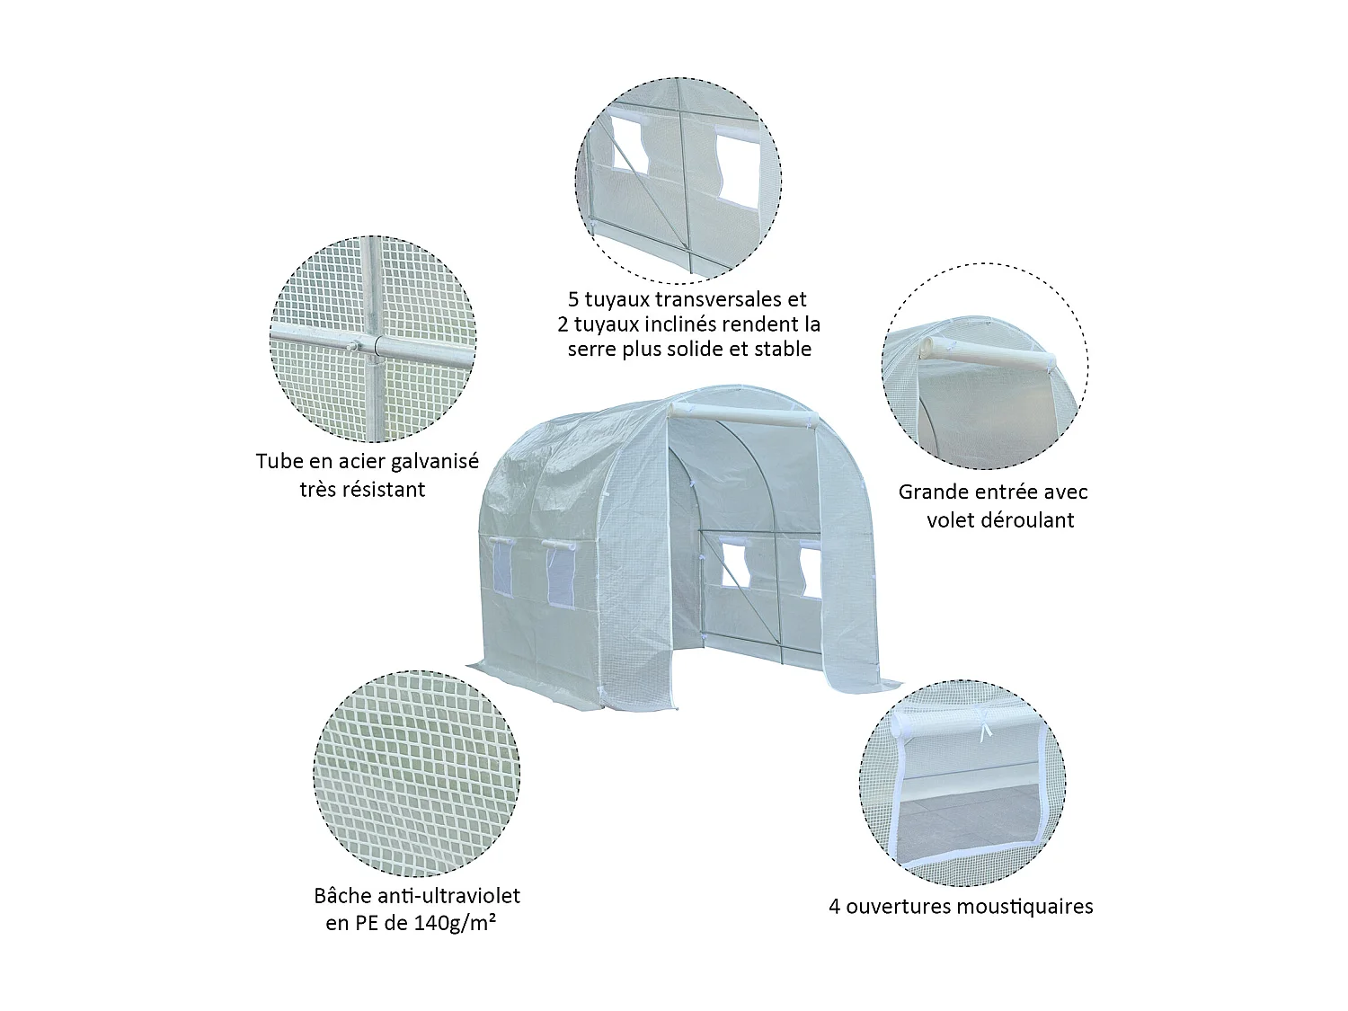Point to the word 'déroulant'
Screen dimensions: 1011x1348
[1025, 520]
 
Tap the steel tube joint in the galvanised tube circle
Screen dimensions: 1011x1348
[371, 346]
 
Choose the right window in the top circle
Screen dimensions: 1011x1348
[738, 163]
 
